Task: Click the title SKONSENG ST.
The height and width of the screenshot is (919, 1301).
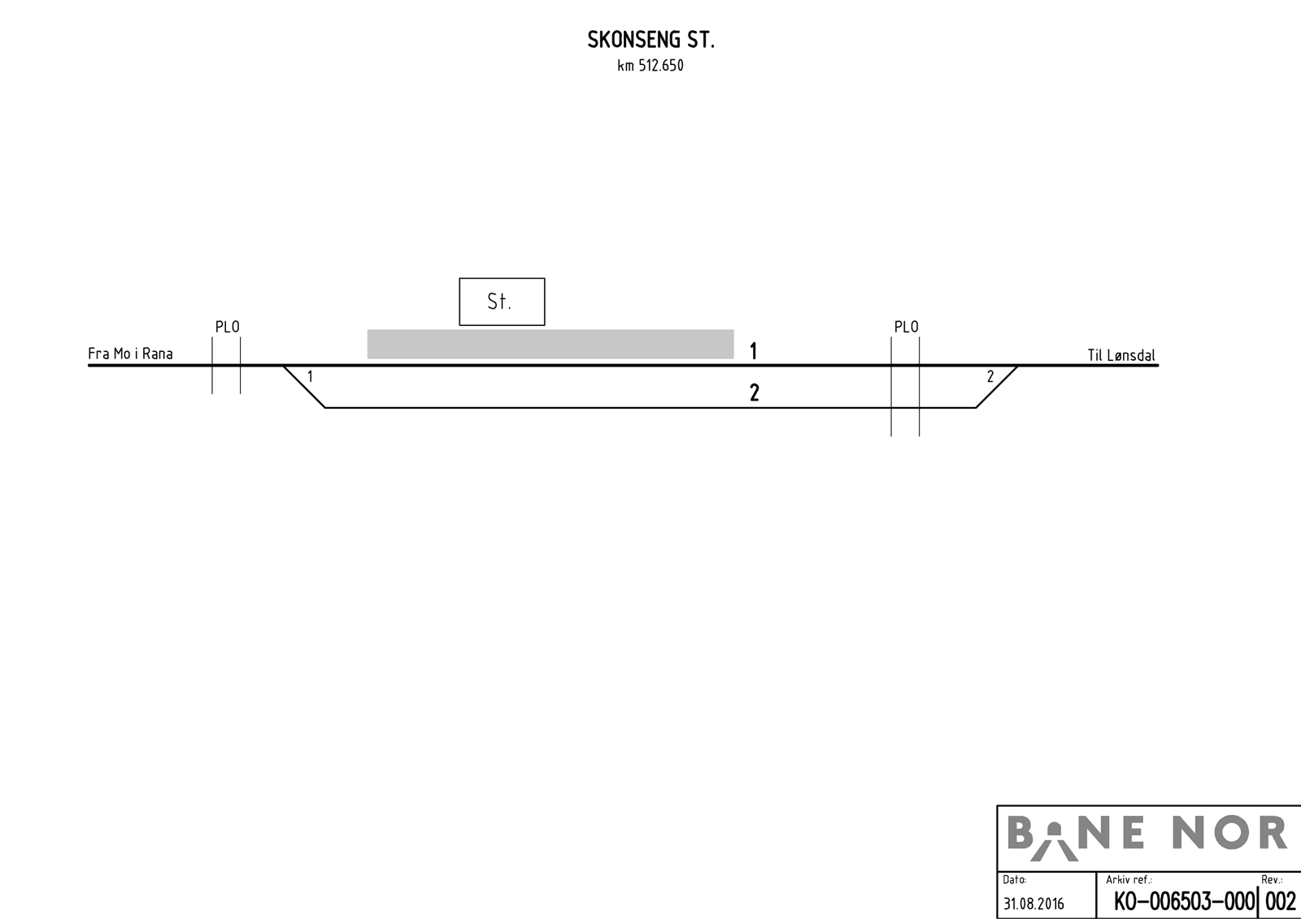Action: tap(650, 40)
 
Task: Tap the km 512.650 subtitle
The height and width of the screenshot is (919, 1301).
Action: tap(650, 66)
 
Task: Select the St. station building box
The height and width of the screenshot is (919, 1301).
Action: tap(502, 301)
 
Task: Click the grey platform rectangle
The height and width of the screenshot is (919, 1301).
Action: tap(550, 345)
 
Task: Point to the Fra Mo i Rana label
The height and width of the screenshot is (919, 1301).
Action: tap(130, 353)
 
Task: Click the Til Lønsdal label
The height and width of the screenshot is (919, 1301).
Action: tap(1121, 355)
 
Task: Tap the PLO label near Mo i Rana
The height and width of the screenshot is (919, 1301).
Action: tap(227, 327)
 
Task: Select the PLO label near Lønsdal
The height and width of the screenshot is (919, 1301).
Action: tap(906, 327)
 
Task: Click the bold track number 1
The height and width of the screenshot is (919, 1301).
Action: tap(753, 351)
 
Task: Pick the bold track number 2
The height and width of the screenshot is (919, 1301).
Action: tap(755, 393)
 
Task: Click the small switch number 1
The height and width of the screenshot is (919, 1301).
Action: tap(310, 377)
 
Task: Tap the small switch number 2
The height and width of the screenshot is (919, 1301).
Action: tap(990, 377)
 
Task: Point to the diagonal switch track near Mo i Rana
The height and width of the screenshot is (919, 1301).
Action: tap(304, 387)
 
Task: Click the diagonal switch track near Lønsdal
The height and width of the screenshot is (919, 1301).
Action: tap(997, 387)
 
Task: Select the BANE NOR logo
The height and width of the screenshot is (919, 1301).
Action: tap(1147, 837)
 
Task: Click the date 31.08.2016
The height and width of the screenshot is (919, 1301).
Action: tap(1033, 904)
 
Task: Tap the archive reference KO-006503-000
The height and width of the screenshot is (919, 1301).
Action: tap(1184, 902)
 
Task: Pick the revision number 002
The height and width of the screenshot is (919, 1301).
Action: tap(1281, 902)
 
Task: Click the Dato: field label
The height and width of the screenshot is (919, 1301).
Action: tap(1015, 879)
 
